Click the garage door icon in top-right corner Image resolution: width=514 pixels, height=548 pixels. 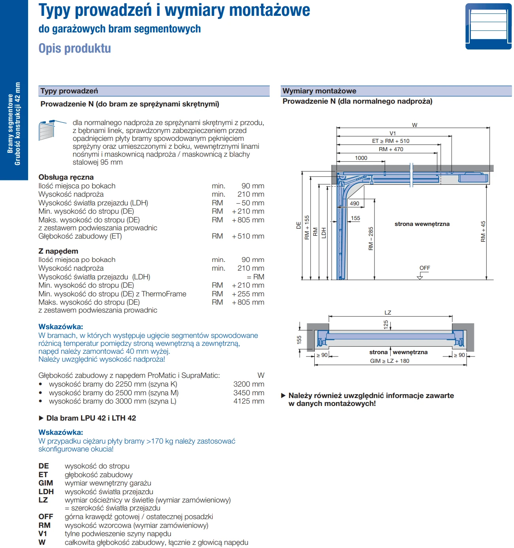488,26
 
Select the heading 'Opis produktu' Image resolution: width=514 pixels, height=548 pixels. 75,48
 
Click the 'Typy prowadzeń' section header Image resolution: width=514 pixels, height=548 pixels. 69,91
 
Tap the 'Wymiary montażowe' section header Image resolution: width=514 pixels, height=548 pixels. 319,91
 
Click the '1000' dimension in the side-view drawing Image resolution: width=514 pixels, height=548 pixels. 361,158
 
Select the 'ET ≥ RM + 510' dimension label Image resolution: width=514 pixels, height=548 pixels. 391,141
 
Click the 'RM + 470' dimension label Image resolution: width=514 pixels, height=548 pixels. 391,149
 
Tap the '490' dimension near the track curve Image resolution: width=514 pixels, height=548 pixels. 355,203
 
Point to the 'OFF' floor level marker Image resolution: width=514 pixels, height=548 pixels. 425,268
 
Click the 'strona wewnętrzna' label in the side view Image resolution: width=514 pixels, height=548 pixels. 422,224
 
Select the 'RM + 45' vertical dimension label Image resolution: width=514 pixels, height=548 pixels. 483,231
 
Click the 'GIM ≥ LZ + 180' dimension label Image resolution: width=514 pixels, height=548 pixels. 389,361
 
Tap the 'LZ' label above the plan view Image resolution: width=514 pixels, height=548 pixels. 388,313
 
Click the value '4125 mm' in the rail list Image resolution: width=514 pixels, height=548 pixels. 249,401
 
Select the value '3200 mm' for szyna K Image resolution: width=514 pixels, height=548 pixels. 249,384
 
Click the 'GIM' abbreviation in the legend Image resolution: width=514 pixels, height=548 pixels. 46,483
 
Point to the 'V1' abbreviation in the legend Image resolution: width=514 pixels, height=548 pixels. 43,534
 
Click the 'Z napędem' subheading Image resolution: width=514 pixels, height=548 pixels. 59,251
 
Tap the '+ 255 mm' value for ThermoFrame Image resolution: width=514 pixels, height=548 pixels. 248,294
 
